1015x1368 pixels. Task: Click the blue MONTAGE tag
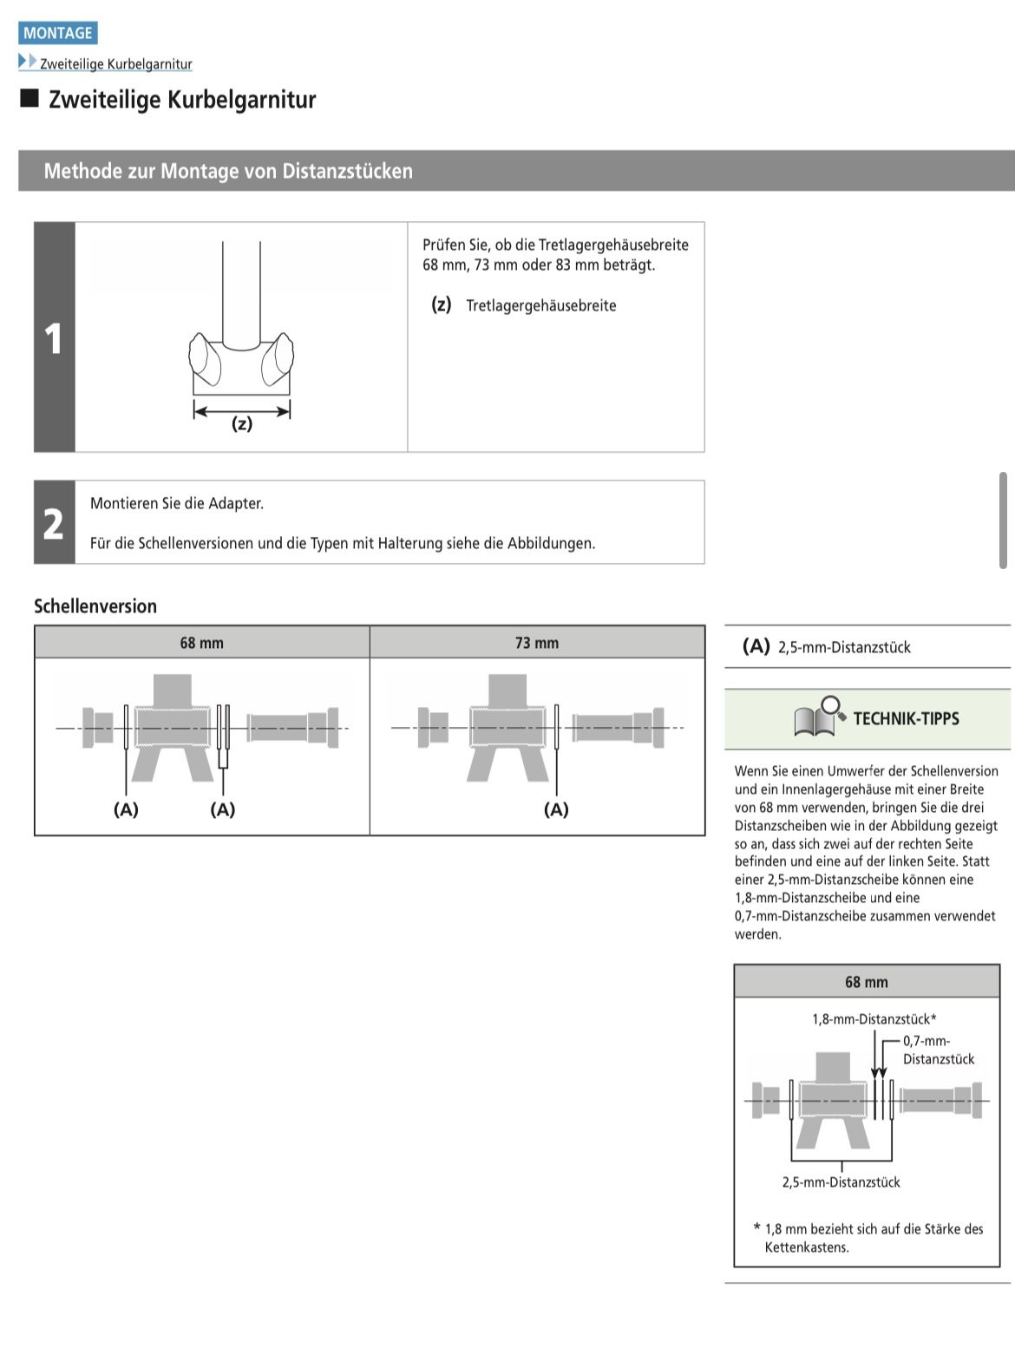(57, 33)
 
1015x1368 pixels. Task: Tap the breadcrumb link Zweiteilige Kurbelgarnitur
(115, 64)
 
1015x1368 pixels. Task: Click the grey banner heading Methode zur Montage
(228, 171)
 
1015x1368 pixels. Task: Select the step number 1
(54, 338)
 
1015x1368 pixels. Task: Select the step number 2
(54, 524)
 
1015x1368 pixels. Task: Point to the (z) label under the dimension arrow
(242, 424)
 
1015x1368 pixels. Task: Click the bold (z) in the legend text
(442, 304)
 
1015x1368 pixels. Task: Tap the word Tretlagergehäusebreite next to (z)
(540, 305)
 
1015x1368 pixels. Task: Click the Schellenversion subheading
(95, 606)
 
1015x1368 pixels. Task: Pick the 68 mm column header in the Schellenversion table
(201, 643)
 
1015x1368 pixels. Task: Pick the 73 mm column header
(537, 643)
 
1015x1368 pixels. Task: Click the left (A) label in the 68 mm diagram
(126, 809)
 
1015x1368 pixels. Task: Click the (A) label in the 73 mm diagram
(556, 809)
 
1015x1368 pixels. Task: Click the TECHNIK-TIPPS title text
(906, 718)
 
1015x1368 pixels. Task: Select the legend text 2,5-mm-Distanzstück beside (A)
(844, 647)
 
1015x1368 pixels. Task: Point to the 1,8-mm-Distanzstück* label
(874, 1019)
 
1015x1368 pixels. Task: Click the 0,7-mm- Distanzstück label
(938, 1050)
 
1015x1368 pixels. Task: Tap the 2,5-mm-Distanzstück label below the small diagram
(841, 1182)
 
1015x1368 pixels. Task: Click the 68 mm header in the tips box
(866, 982)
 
